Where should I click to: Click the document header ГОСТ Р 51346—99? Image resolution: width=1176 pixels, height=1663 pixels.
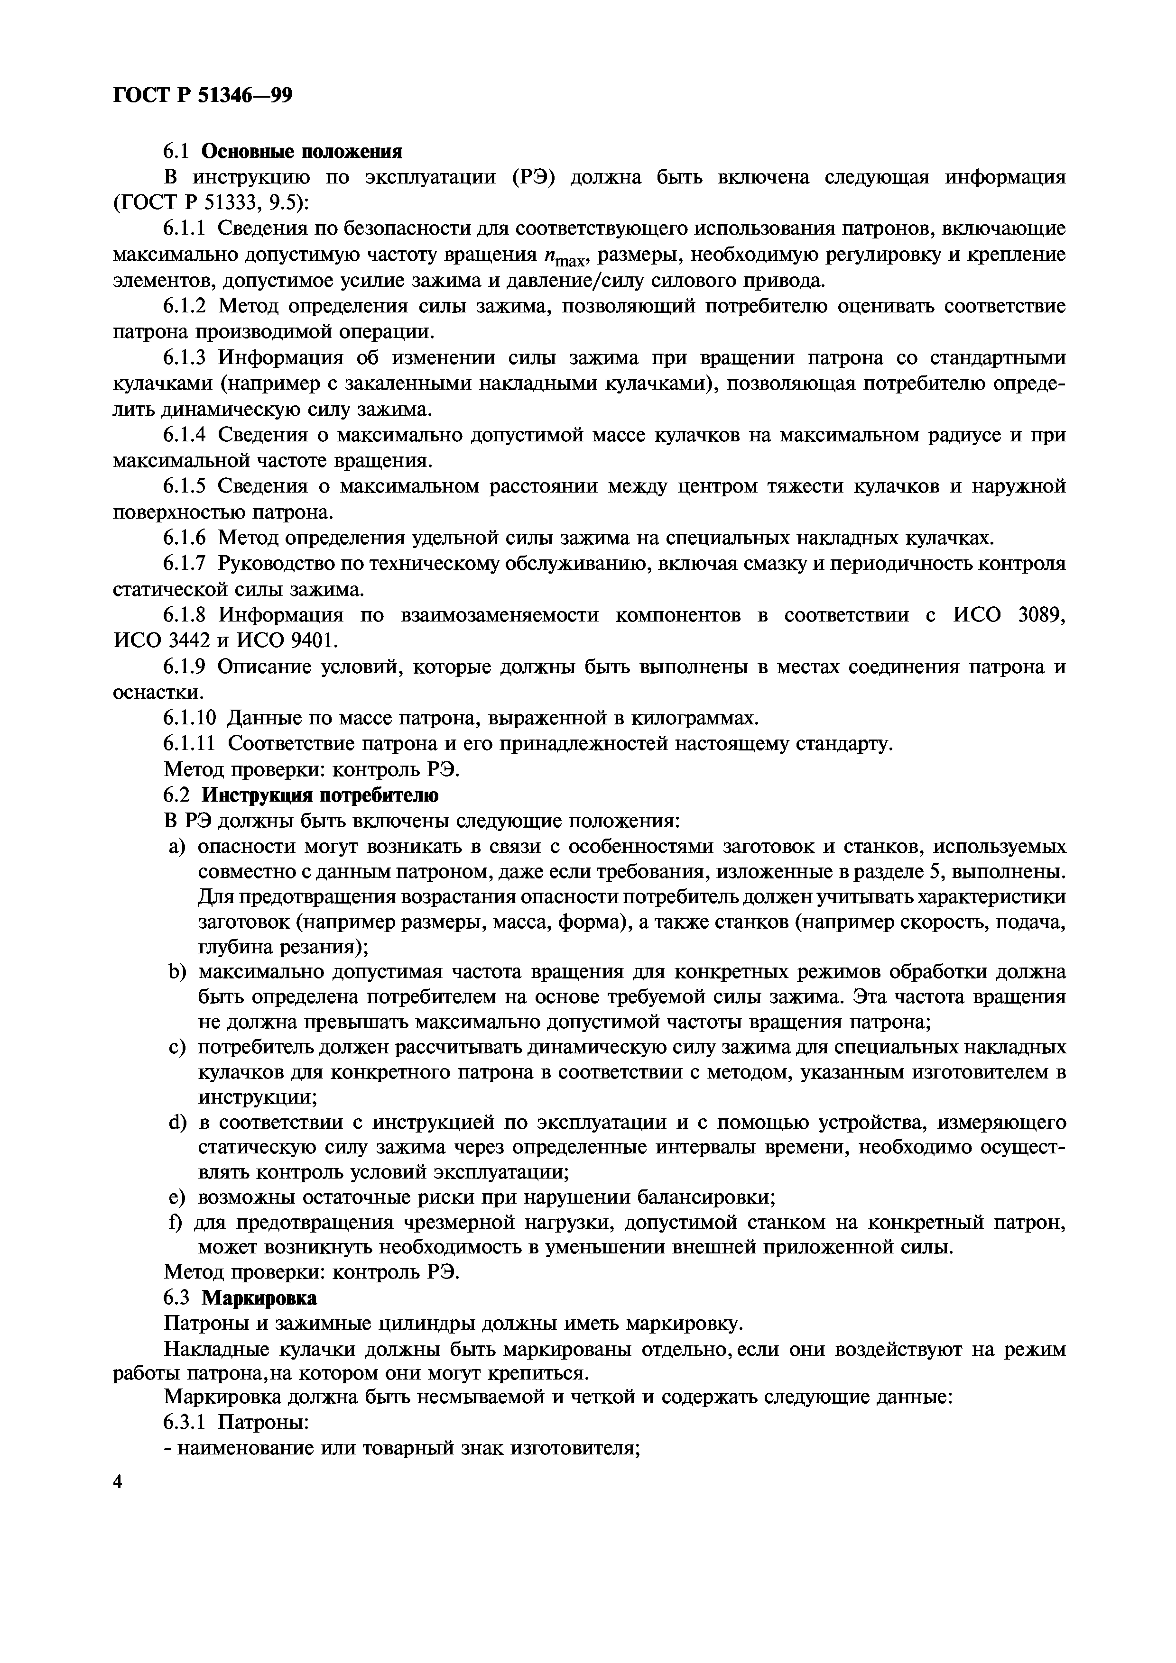pyautogui.click(x=203, y=95)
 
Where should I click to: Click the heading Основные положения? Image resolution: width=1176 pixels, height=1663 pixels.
pyautogui.click(x=301, y=151)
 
